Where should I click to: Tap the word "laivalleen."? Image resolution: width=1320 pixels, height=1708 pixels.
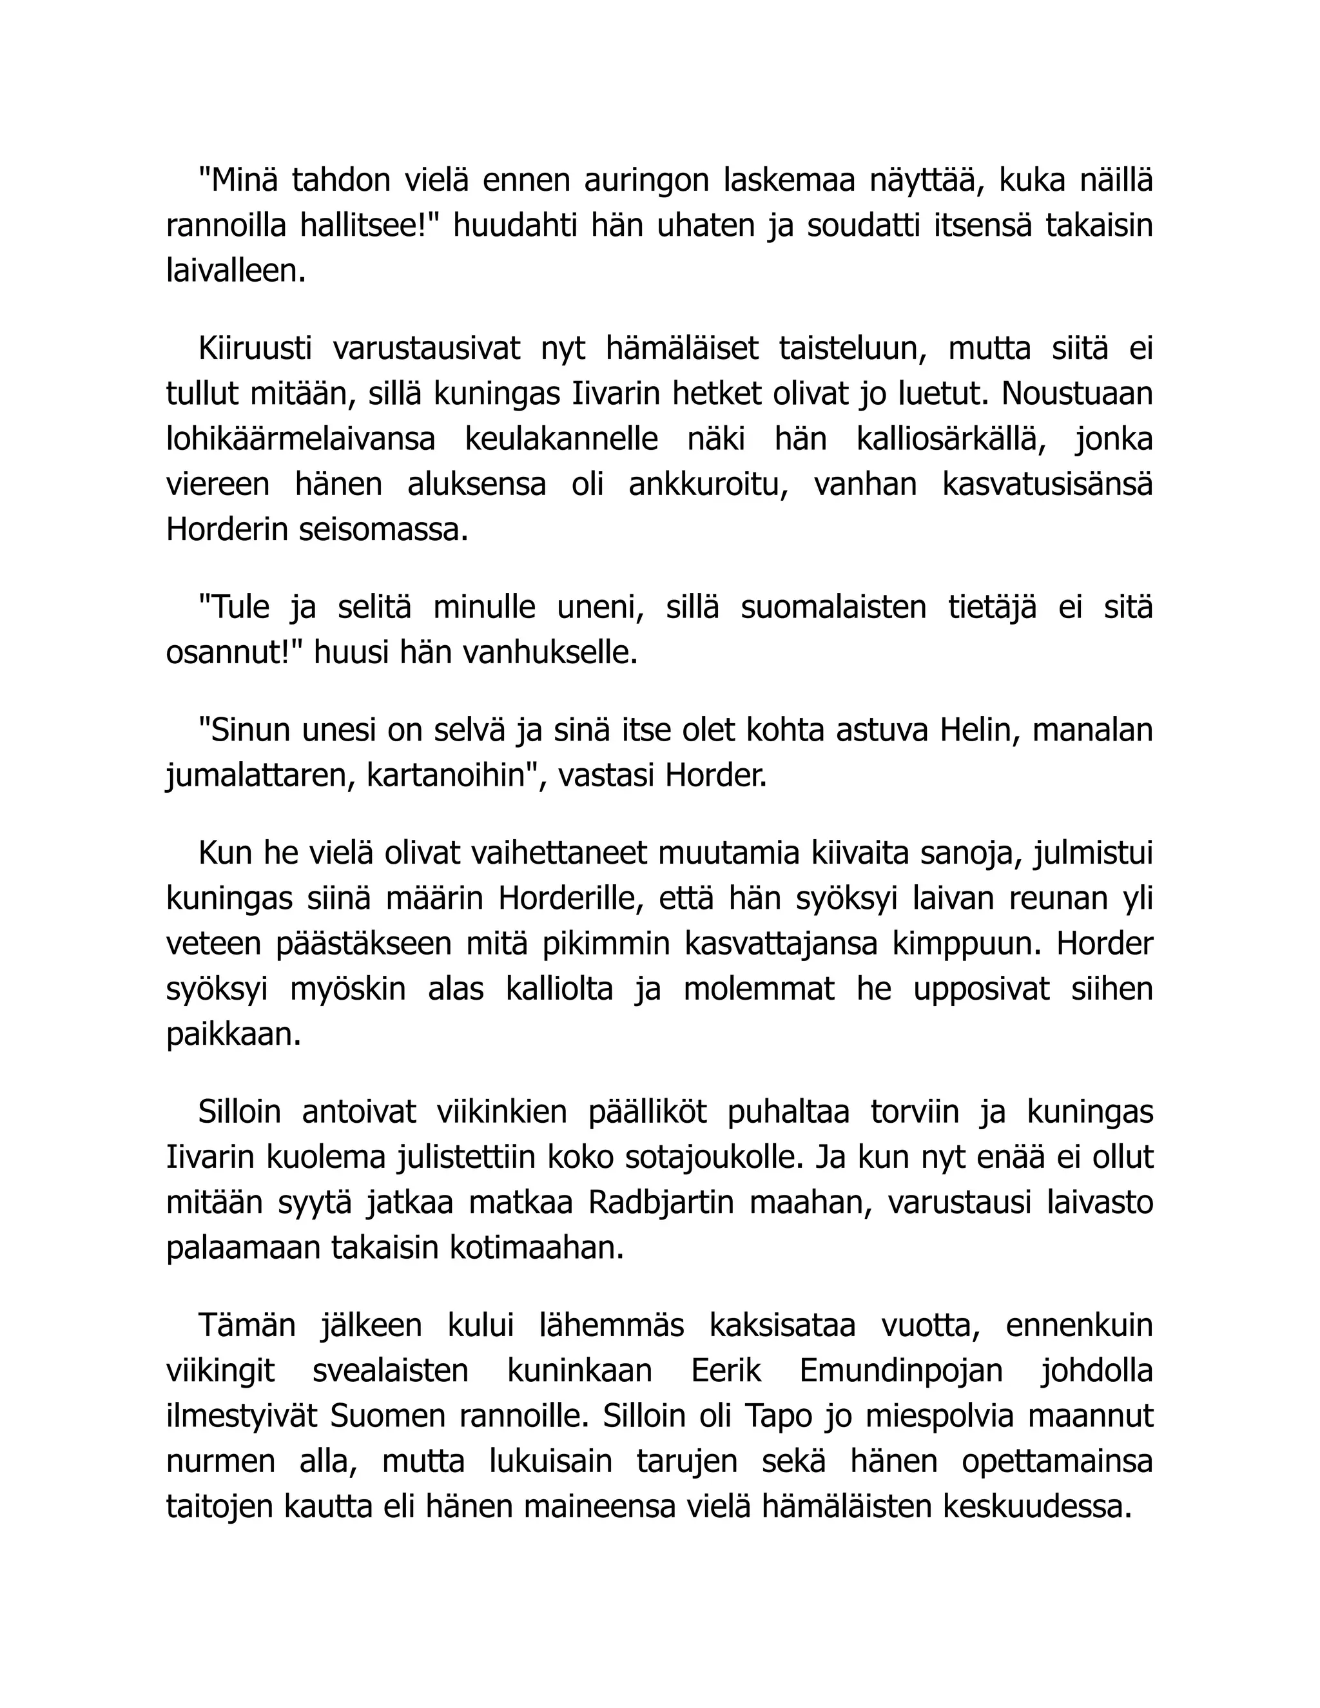pyautogui.click(x=236, y=271)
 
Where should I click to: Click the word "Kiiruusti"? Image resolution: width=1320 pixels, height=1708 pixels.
pyautogui.click(x=255, y=349)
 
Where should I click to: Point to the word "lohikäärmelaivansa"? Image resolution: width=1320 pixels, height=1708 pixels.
pyautogui.click(x=300, y=440)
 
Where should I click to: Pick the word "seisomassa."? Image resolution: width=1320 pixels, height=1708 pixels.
pyautogui.click(x=383, y=530)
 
